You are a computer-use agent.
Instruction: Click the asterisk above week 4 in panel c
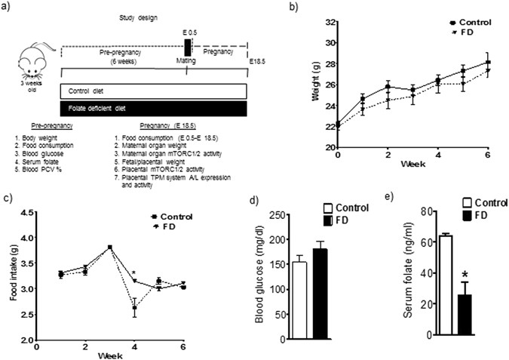[133, 273]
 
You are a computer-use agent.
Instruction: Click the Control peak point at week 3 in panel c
[111, 247]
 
